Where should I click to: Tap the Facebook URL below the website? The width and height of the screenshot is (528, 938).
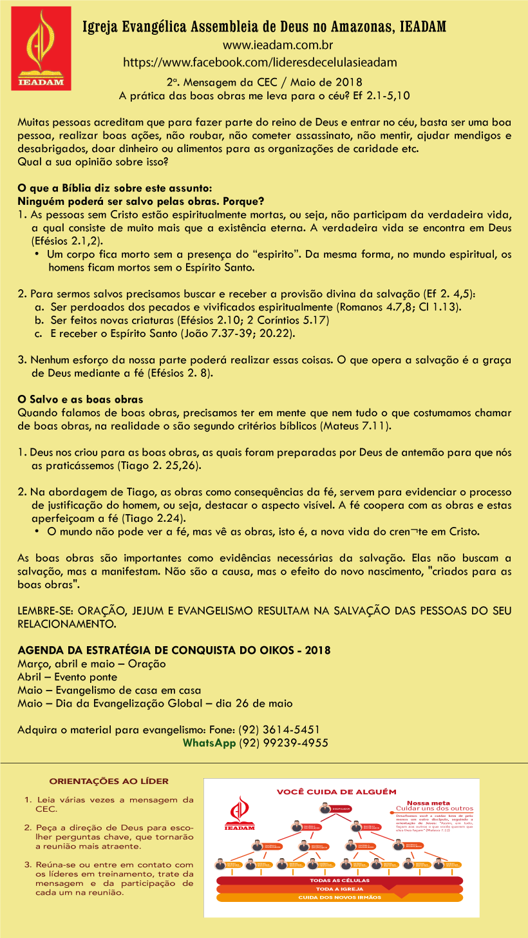pos(259,62)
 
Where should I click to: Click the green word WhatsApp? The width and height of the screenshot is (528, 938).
pos(209,743)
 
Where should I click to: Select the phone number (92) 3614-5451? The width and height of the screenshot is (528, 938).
pos(279,730)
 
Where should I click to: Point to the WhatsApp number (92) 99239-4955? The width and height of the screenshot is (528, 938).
pos(284,743)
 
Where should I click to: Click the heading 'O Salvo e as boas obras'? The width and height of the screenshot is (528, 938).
pos(80,400)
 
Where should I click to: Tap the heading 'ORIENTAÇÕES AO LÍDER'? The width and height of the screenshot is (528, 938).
pos(109,781)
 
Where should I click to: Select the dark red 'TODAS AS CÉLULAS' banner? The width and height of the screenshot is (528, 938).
pos(339,879)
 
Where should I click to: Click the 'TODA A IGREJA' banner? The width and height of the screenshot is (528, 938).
pos(339,888)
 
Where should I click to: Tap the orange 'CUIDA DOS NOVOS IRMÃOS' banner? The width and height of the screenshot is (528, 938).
pos(339,897)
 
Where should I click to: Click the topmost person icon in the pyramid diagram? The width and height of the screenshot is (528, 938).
pos(326,809)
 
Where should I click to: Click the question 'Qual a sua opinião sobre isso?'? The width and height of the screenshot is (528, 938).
pos(93,162)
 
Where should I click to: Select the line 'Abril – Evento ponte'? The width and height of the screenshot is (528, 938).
pos(68,677)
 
